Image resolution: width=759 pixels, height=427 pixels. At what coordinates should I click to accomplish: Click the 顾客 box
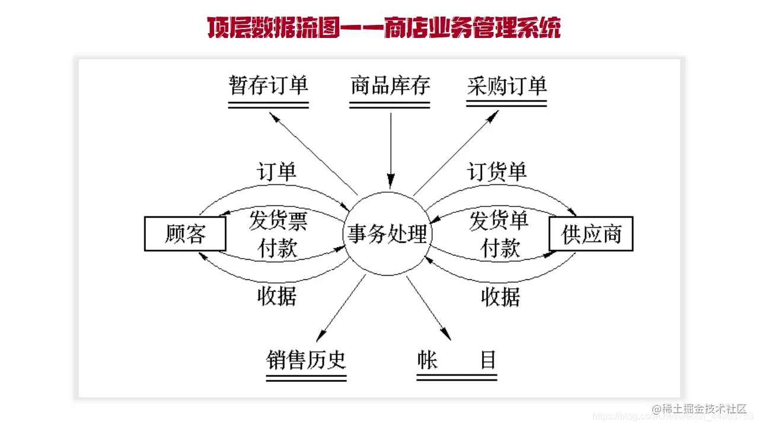[x=185, y=234]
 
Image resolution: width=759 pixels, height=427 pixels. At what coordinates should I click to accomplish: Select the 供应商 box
[x=591, y=234]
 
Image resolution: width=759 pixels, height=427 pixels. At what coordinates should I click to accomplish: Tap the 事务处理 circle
[x=388, y=234]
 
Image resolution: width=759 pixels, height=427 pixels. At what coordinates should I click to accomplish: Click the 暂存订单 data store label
[x=269, y=86]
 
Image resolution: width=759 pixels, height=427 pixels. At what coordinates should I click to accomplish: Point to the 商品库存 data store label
[x=390, y=86]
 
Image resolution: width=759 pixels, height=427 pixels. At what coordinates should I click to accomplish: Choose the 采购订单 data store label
[x=506, y=86]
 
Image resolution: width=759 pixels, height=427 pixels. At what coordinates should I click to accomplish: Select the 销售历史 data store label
[x=306, y=359]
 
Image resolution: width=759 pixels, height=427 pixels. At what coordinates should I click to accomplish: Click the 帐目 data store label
[x=457, y=359]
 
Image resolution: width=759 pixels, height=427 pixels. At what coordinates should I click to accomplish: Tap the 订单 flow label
[x=276, y=172]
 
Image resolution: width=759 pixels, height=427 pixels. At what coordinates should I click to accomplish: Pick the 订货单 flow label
[x=497, y=172]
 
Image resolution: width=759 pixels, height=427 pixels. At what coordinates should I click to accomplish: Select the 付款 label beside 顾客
[x=278, y=248]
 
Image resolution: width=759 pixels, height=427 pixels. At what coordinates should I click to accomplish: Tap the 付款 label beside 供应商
[x=500, y=248]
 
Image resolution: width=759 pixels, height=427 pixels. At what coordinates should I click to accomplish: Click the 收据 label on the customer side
[x=276, y=296]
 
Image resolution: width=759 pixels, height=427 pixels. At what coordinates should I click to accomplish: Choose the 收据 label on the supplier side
[x=500, y=296]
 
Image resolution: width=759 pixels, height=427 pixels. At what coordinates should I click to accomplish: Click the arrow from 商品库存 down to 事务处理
[x=390, y=148]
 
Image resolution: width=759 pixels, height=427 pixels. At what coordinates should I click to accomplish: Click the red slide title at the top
[x=384, y=28]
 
